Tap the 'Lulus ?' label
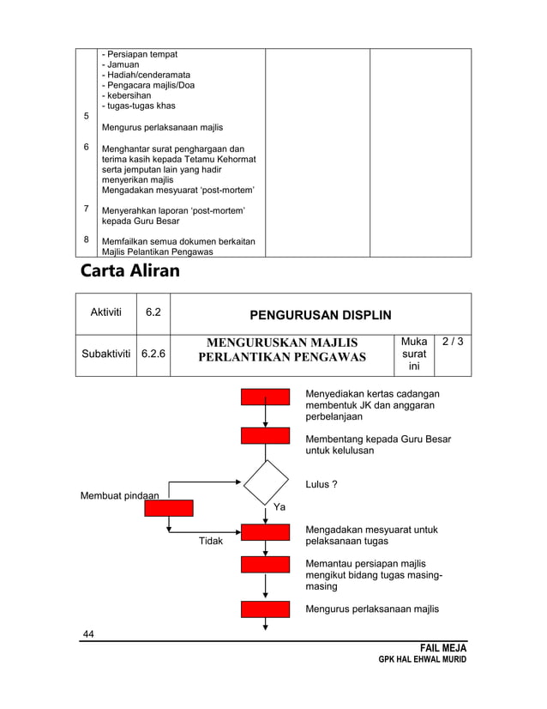[x=322, y=485]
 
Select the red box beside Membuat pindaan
[x=169, y=507]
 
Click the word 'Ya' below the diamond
[x=279, y=508]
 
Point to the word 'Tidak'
[x=211, y=542]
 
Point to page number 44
[x=87, y=633]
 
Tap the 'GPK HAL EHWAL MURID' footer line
[x=423, y=661]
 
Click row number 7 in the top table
[x=86, y=209]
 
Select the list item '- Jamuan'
[x=121, y=64]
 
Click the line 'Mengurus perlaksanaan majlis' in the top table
[x=162, y=127]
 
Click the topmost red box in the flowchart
[x=266, y=397]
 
